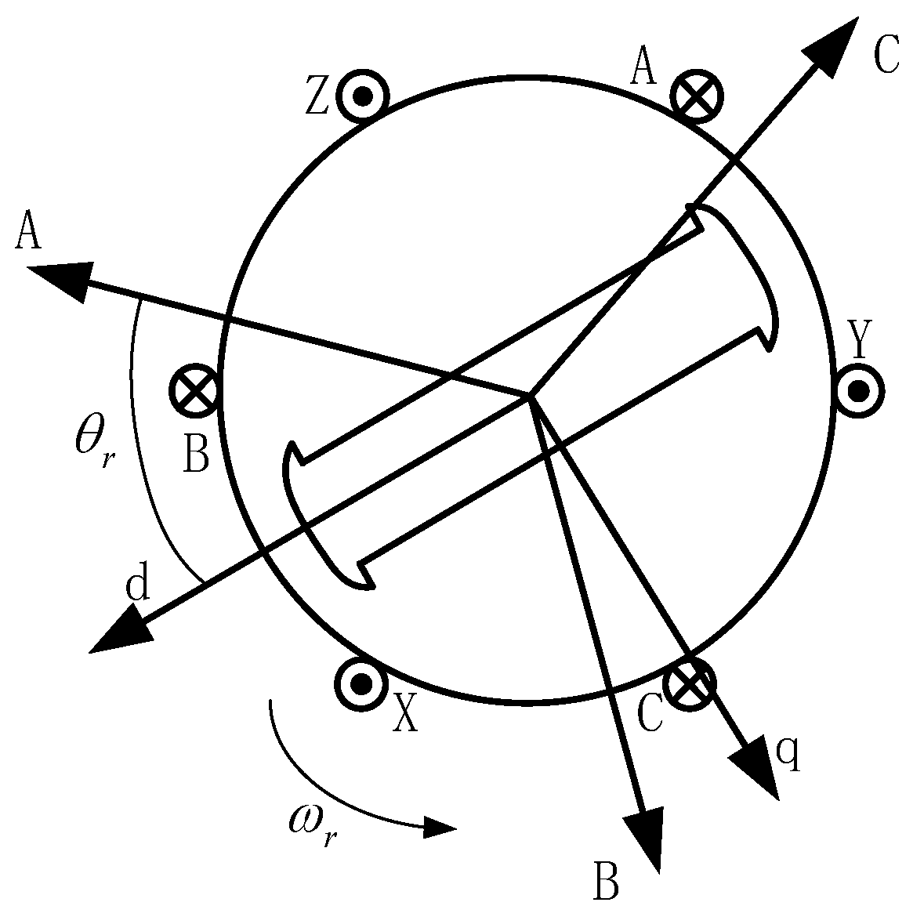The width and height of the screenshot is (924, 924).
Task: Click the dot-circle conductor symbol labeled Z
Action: point(362,97)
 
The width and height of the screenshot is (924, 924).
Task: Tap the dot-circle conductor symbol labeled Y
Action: point(859,390)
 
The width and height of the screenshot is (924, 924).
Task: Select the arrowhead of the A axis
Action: point(59,279)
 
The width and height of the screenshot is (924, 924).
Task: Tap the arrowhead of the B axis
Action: point(647,839)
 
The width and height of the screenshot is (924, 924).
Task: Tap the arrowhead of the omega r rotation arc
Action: point(439,828)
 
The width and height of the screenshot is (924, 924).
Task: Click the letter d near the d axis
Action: point(138,586)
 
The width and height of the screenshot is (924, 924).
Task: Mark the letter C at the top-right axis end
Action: point(886,53)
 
